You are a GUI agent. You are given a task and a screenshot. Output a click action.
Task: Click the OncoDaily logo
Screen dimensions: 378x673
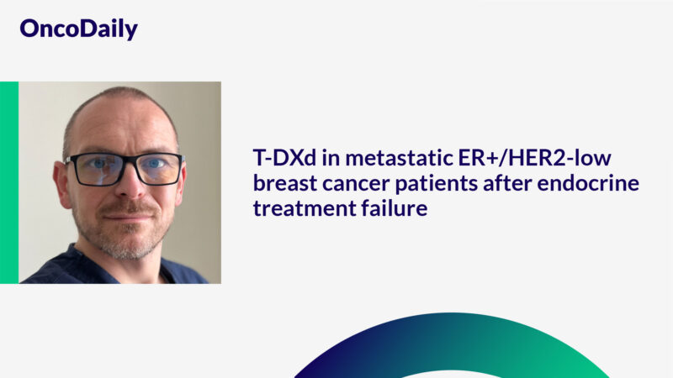(78, 29)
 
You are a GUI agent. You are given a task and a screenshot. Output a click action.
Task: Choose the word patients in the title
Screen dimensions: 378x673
(429, 184)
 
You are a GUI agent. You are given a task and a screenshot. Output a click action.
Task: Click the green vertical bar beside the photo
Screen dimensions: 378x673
(8, 182)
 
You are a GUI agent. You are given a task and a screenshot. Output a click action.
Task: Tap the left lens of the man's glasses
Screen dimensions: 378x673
(94, 169)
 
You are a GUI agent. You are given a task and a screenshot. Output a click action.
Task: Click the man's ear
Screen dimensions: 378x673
(61, 181)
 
